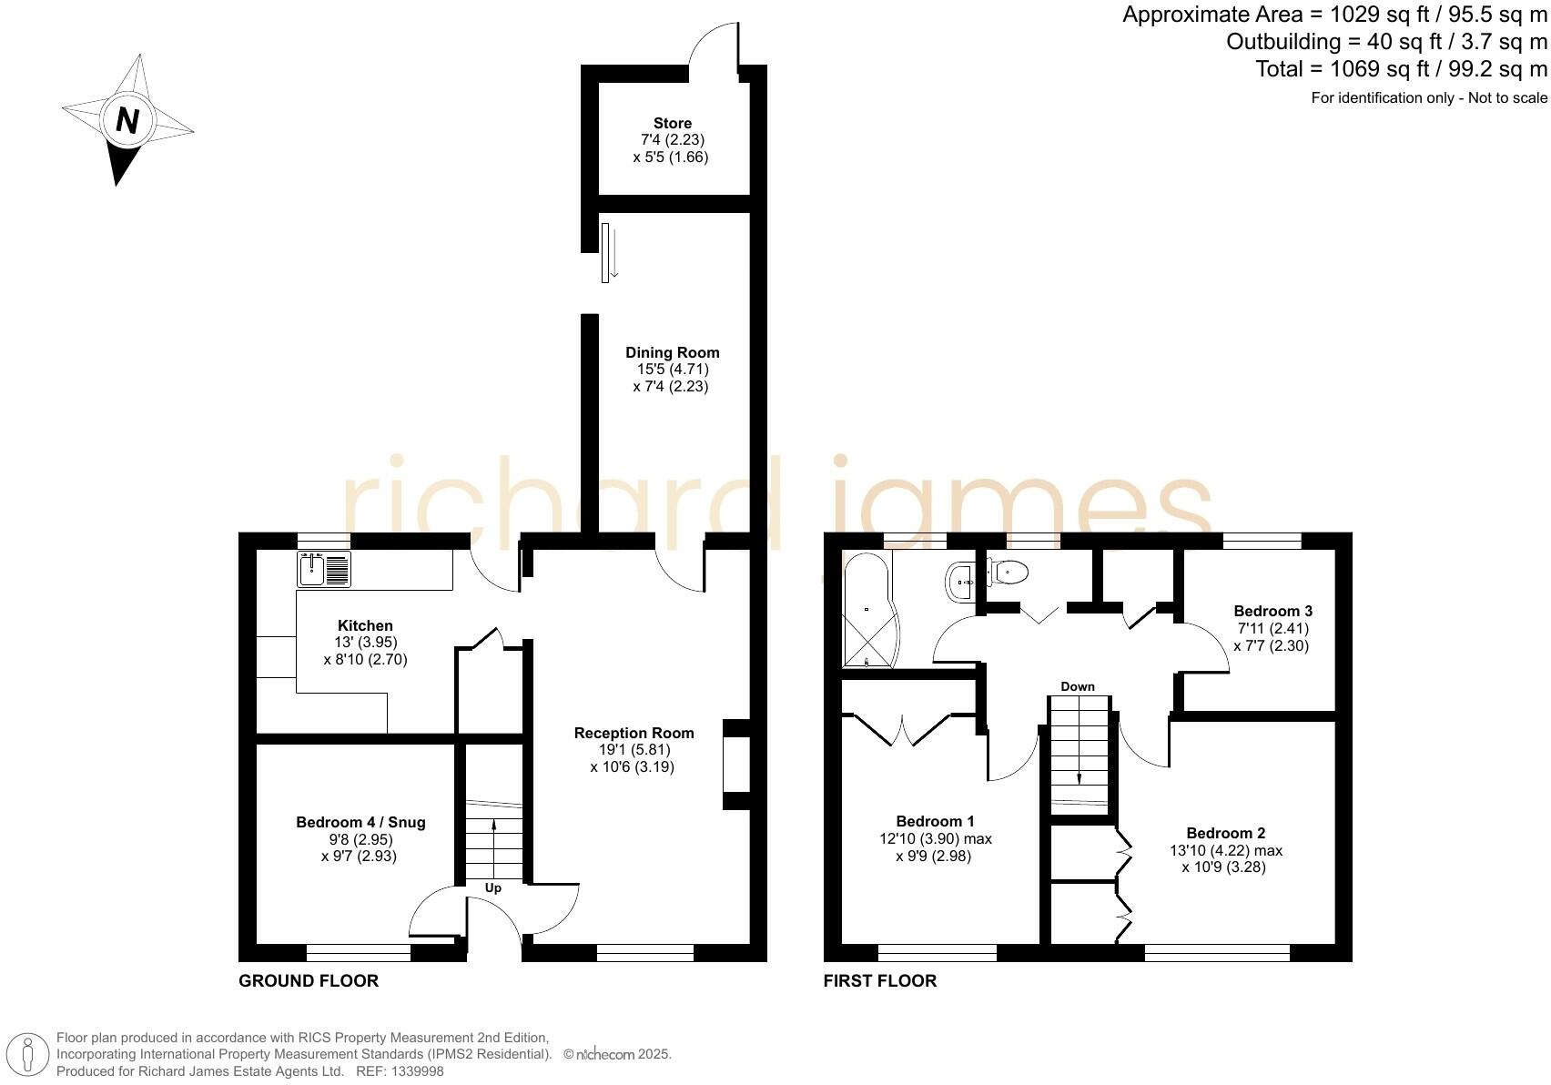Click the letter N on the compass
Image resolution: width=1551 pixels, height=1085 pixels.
(127, 120)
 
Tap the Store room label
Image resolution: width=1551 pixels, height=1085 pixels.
(672, 124)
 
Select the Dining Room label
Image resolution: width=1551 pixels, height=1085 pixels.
(672, 353)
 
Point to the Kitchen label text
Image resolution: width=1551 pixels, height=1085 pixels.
(365, 626)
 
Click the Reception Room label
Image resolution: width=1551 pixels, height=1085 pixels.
(634, 734)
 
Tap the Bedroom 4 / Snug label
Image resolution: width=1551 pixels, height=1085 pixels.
(360, 823)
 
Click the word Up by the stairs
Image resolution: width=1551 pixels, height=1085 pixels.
(492, 888)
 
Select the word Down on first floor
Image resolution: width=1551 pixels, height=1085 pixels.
(1078, 687)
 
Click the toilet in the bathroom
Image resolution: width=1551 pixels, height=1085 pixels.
(1009, 573)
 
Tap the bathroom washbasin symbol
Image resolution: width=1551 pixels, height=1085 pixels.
(961, 581)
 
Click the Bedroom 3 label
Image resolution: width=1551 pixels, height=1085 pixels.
(1272, 612)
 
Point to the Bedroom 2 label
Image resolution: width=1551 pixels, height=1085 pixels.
(1225, 834)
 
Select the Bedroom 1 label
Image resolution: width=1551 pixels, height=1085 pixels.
(935, 822)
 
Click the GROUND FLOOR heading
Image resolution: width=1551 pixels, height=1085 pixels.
(309, 981)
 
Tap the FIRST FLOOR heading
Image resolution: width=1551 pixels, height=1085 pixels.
(879, 981)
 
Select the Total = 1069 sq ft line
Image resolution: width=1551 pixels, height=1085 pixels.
(1401, 69)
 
